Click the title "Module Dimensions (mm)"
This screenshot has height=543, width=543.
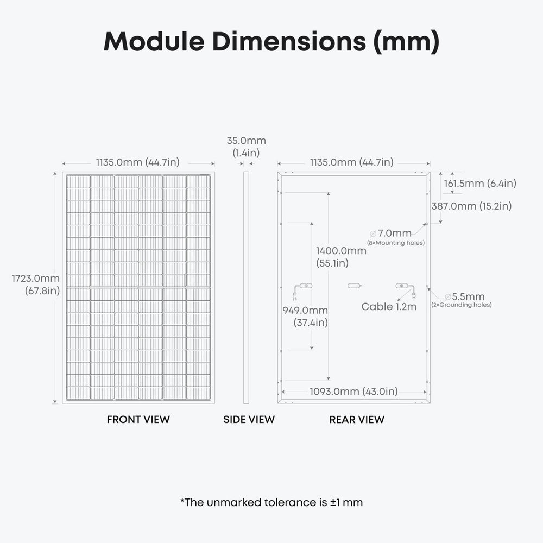[x=271, y=41]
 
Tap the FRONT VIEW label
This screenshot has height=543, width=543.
[x=138, y=419]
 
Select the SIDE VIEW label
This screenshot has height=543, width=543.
[x=249, y=419]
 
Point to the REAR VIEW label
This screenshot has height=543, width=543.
[x=357, y=419]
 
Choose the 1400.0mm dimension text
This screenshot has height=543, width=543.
[x=341, y=251]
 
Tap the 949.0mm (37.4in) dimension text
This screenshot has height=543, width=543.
[x=305, y=316]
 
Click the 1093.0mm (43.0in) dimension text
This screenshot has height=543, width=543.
[x=353, y=391]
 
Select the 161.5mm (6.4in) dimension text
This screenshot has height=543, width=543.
[x=480, y=184]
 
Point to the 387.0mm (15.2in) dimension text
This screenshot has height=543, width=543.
[x=471, y=206]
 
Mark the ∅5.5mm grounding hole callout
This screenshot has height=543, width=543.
[x=465, y=297]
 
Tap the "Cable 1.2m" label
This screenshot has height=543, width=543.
[x=389, y=307]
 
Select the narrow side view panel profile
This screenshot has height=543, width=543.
[x=246, y=288]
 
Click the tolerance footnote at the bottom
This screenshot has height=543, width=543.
[x=271, y=502]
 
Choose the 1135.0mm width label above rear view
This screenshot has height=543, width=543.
[x=351, y=162]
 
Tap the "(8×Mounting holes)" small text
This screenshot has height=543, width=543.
[x=395, y=243]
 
